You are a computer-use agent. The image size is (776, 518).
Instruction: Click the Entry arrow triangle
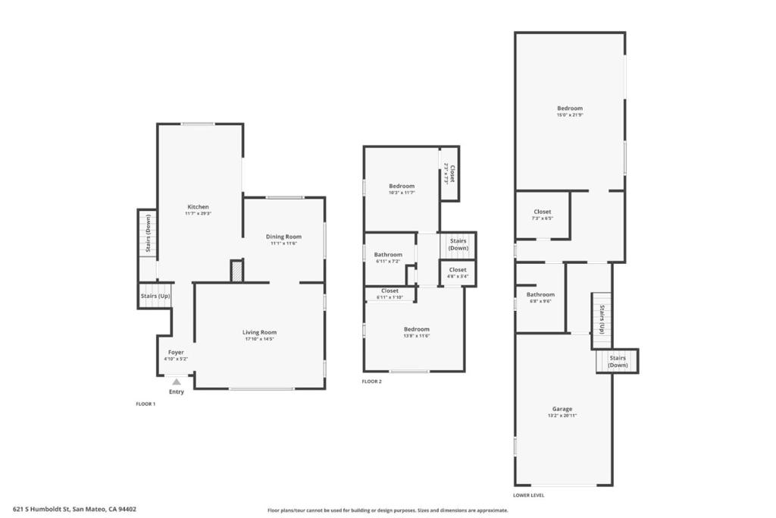177,381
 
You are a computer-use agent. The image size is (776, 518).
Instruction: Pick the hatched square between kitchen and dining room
236,272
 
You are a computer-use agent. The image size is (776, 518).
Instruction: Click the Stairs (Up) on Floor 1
155,296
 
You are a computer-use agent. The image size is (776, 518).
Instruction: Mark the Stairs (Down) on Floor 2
458,244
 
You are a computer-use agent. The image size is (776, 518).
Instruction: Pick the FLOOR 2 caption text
371,381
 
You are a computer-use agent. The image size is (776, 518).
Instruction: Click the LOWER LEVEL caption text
528,495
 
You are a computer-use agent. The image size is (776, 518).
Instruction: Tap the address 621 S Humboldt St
74,510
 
